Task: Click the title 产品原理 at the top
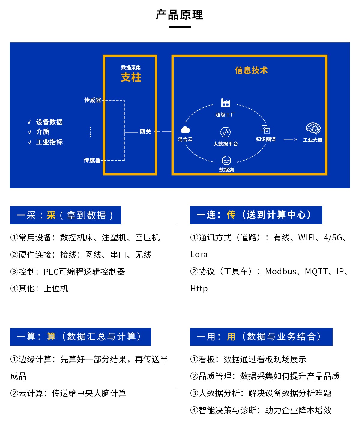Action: [180, 15]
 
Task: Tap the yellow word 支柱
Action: [131, 77]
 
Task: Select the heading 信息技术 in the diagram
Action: [251, 70]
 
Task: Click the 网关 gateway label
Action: [145, 131]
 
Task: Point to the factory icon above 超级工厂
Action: [226, 103]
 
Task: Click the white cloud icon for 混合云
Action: [185, 130]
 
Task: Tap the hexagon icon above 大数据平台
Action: [226, 132]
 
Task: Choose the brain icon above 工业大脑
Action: [313, 128]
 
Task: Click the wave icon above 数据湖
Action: [226, 160]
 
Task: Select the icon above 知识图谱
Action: [265, 129]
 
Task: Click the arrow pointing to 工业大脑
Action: [290, 140]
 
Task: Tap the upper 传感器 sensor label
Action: [93, 100]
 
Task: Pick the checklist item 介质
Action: [43, 132]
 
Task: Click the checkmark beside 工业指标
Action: [29, 142]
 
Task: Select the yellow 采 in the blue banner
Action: [51, 215]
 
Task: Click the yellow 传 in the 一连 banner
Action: [231, 215]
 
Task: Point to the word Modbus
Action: [281, 271]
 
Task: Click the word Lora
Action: [199, 255]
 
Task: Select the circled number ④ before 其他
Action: [14, 288]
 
